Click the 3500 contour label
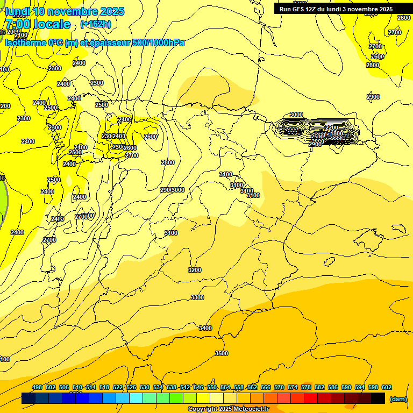click(222, 353)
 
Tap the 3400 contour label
click(205, 328)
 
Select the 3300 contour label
click(197, 297)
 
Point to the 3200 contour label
click(195, 270)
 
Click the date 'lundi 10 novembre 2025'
click(65, 11)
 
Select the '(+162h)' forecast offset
click(96, 24)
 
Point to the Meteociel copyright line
click(228, 409)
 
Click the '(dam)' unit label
click(398, 398)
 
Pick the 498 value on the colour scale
click(37, 387)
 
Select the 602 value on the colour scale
click(387, 387)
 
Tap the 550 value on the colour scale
click(212, 387)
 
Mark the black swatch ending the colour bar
click(378, 398)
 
